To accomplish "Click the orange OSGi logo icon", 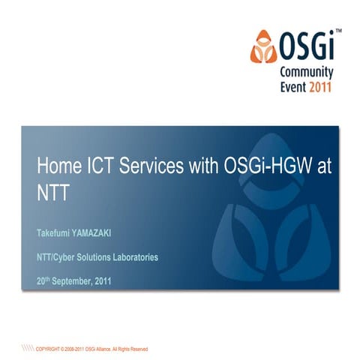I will click(x=262, y=46).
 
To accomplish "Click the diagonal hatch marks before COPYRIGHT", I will click(x=28, y=349).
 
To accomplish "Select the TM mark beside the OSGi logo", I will click(x=338, y=31).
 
